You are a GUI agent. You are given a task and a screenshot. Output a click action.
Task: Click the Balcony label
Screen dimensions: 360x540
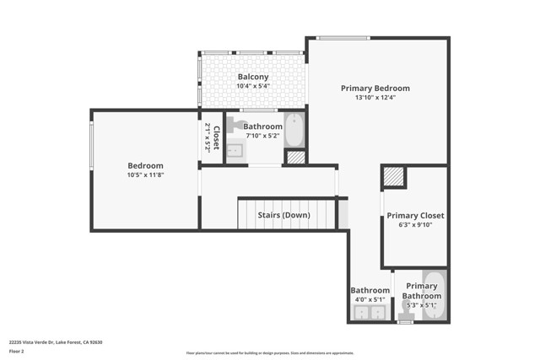[x=252, y=77]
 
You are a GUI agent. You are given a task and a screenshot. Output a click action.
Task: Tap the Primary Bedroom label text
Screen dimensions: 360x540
[x=375, y=88]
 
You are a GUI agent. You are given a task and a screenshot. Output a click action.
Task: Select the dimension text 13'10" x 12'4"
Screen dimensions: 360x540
[x=375, y=97]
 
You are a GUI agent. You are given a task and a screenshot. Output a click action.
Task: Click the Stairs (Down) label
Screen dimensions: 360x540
[x=283, y=215]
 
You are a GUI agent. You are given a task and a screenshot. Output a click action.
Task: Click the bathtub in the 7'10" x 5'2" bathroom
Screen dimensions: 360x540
[x=294, y=131]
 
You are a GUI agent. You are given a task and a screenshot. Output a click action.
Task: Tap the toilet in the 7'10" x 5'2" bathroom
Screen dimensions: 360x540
[x=232, y=123]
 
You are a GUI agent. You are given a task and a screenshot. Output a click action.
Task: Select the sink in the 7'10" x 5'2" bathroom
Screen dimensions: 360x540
[x=235, y=151]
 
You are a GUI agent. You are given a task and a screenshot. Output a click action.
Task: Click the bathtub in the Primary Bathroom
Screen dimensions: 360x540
[x=435, y=295]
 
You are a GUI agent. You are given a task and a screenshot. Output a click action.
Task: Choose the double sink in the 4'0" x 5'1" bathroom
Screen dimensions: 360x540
[x=367, y=313]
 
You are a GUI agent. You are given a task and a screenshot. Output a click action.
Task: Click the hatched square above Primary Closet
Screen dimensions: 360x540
[x=394, y=176]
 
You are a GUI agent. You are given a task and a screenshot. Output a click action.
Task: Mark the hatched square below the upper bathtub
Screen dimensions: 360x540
[x=294, y=157]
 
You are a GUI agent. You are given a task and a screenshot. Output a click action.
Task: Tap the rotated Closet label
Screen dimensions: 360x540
[x=212, y=137]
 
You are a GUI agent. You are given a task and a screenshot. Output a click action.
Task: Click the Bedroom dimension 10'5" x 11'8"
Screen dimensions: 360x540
[x=145, y=175]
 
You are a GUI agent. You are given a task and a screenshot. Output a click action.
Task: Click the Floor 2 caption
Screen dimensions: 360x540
[x=17, y=351]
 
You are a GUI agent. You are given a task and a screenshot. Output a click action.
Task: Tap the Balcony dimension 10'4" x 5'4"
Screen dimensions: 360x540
[x=252, y=86]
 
